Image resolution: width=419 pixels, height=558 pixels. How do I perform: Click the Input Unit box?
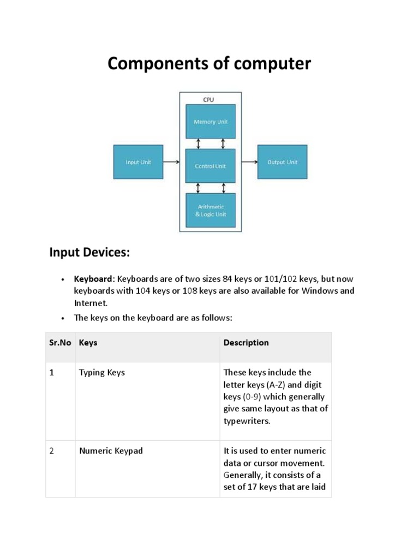click(x=138, y=162)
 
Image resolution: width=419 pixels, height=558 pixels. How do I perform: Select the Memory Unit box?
click(x=211, y=122)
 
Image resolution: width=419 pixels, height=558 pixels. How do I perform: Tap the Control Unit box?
click(x=211, y=166)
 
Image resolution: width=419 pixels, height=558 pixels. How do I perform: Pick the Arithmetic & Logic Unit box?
click(x=211, y=210)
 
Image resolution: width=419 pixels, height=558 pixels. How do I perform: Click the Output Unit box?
click(x=282, y=162)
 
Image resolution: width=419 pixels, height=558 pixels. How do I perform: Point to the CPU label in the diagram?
click(x=208, y=100)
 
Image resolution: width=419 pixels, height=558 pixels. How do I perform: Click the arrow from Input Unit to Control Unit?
click(x=172, y=162)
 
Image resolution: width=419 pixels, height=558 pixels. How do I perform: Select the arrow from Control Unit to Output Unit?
click(x=248, y=162)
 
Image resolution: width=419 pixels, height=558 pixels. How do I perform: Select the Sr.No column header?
click(x=60, y=343)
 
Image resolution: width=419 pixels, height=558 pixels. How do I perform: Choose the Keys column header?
click(x=88, y=343)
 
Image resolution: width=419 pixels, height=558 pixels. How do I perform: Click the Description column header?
click(x=246, y=343)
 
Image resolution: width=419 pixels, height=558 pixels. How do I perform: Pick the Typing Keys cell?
click(x=102, y=373)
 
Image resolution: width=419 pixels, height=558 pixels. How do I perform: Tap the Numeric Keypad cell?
click(x=111, y=451)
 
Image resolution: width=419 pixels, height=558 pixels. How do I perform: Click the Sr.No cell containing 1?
click(x=52, y=373)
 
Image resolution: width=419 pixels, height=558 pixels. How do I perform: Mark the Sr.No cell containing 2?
click(x=52, y=451)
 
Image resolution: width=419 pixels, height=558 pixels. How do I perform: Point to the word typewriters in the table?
click(x=247, y=421)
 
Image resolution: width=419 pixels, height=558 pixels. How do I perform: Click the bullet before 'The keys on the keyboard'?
click(x=63, y=318)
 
